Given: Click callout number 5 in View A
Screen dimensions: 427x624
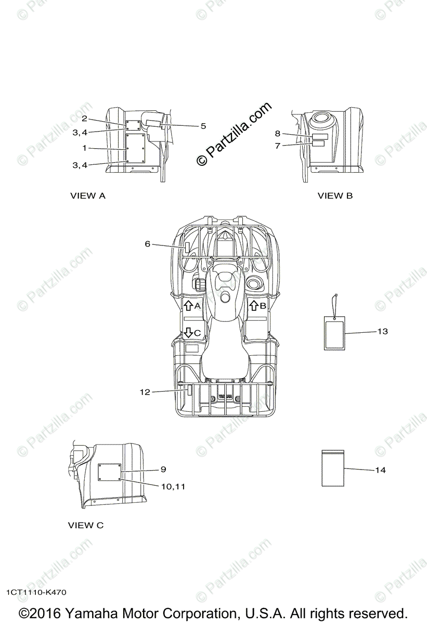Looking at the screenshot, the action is [203, 126].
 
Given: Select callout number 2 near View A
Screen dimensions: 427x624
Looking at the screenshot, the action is [84, 119].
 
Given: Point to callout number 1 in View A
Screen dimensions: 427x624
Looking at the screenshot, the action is [84, 148].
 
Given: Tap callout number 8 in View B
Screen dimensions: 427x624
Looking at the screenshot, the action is [278, 134].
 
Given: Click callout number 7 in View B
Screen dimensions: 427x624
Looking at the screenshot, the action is [278, 146].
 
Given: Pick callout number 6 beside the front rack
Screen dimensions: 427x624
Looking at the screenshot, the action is [148, 243].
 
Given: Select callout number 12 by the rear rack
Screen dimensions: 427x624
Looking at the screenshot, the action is [144, 392].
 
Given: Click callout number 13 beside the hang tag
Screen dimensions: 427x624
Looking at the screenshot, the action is [382, 331].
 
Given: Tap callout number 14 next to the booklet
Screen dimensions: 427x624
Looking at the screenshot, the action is [380, 470].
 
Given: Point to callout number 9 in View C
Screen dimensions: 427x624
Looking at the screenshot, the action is [163, 469].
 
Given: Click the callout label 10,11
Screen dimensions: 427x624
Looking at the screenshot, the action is [173, 487].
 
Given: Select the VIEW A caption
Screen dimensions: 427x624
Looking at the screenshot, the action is [88, 196].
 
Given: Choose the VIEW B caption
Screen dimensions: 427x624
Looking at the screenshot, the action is [335, 196].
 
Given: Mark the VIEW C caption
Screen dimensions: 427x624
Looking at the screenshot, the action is [86, 525].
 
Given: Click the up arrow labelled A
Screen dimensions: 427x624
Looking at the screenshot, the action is [188, 305].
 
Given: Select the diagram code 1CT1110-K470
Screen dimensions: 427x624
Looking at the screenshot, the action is [36, 592].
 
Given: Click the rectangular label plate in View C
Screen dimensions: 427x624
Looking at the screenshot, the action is [109, 472].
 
